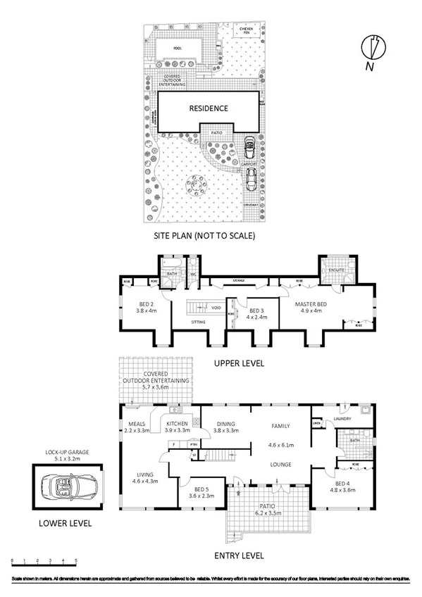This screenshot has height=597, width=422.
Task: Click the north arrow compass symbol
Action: tap(374, 49)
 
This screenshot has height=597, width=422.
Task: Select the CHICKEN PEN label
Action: tap(245, 30)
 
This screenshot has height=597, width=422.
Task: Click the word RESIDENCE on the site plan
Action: tap(208, 108)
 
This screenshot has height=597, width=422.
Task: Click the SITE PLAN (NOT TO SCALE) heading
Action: tap(205, 236)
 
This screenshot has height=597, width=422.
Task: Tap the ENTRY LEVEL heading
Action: tap(241, 555)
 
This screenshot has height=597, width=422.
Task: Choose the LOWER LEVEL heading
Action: tap(65, 524)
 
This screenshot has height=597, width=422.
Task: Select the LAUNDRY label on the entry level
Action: tap(342, 419)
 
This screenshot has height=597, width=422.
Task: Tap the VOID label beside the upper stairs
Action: tap(217, 308)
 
